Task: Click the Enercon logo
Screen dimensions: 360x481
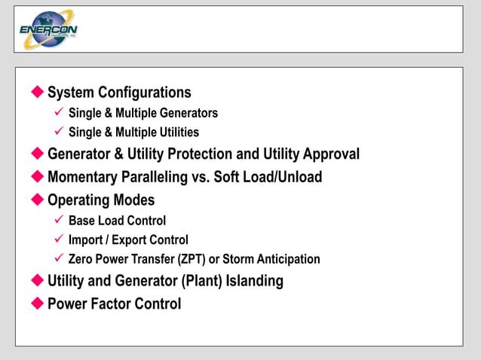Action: (x=48, y=30)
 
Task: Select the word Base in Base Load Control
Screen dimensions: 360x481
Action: (x=81, y=221)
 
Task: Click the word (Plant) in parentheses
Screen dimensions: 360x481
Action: (x=195, y=281)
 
